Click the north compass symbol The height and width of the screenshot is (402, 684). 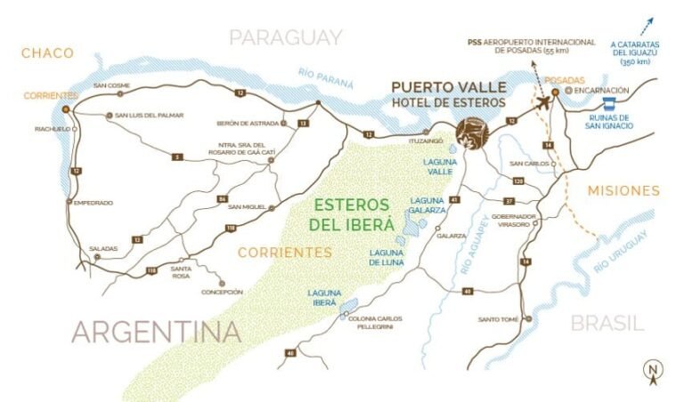pos(653,372)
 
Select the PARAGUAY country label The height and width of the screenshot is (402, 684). pos(286,37)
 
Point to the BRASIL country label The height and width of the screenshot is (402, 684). pos(607,322)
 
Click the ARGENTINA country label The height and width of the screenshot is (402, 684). pos(156,332)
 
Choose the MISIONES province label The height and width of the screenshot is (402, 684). pos(623,190)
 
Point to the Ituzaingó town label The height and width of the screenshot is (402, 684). pos(427,141)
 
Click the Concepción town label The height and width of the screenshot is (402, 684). pos(223,292)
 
